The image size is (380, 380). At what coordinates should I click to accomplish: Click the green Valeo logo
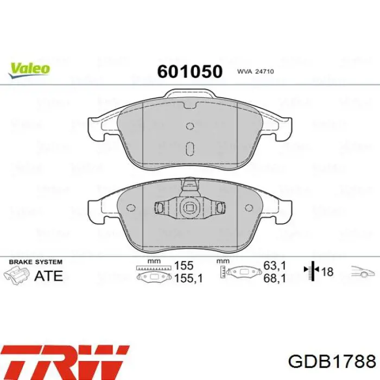29,70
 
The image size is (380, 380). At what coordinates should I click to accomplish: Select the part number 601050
190,72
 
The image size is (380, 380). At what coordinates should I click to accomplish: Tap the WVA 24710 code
255,72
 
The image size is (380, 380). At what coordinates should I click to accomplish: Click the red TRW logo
65,363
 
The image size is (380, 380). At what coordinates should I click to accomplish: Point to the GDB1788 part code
332,362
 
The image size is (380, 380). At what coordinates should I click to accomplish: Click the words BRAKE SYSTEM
36,262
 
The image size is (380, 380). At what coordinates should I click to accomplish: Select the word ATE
49,276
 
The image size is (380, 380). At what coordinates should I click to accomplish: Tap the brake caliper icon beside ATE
16,275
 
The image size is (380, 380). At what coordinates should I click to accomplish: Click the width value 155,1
188,278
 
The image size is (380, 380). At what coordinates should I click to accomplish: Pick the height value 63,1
275,266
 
